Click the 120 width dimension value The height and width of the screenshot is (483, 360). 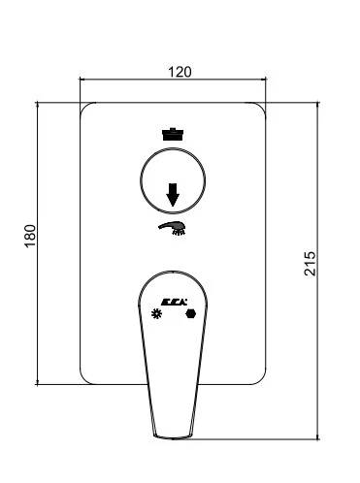[180, 72]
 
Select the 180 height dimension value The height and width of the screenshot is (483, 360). [31, 237]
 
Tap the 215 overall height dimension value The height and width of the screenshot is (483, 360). [310, 264]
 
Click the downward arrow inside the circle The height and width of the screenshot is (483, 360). [173, 194]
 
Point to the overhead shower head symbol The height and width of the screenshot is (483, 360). [173, 134]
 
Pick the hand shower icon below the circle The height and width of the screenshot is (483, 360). [172, 228]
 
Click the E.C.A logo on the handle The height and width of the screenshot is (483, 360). [174, 302]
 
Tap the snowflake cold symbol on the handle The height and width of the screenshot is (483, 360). [156, 313]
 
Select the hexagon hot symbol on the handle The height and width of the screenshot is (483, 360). [191, 313]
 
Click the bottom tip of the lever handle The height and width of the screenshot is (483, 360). [172, 439]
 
